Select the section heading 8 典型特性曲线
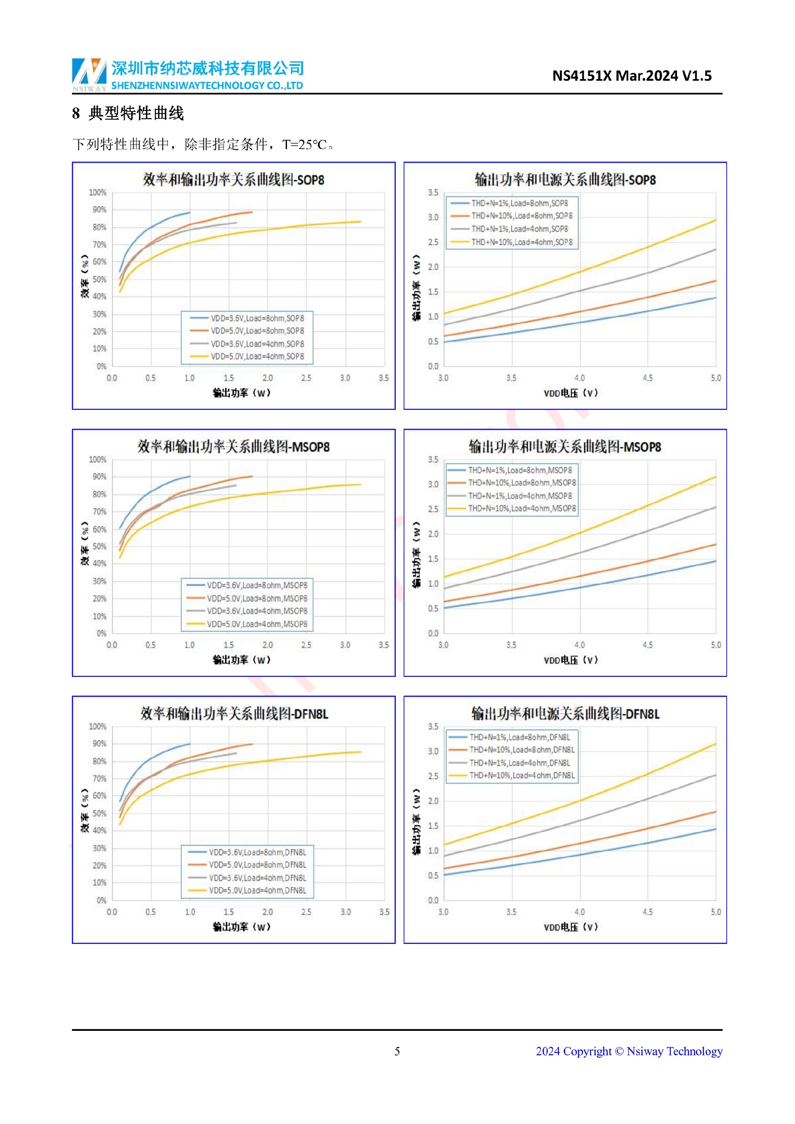128,113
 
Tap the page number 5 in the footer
397,1051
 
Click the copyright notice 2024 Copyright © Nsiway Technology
629,1051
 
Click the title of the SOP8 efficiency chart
234,180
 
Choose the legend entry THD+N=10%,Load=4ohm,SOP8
521,242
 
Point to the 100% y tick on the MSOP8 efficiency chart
97,459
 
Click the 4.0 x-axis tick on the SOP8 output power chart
580,378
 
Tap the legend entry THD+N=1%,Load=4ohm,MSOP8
520,496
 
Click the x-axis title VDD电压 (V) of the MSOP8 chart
571,660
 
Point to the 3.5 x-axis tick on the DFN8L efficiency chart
384,912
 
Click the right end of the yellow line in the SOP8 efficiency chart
361,222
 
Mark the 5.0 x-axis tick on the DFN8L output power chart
715,912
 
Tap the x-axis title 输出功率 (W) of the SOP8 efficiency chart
242,392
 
